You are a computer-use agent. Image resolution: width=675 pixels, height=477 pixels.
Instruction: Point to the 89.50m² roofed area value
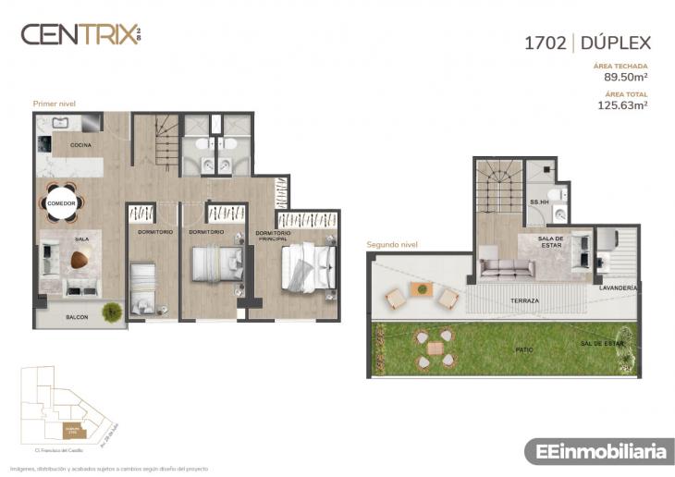[625, 78]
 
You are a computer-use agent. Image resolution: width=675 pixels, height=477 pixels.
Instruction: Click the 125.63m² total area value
[623, 105]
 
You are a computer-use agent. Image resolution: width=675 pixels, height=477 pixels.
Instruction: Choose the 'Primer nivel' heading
[54, 104]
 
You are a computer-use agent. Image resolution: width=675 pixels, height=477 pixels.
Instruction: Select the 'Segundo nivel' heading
[393, 245]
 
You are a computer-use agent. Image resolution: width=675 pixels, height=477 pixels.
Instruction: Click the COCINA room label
[81, 145]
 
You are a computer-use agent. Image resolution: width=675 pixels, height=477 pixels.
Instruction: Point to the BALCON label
[77, 316]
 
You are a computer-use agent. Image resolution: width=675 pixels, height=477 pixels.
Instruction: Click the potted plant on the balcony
[112, 312]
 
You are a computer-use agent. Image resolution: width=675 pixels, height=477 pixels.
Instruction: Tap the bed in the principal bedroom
[306, 268]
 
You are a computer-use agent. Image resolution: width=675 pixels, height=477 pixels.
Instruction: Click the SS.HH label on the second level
[540, 202]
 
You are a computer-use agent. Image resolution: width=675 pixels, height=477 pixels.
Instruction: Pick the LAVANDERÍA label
[618, 288]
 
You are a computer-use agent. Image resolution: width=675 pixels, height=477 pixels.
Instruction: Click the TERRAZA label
[524, 301]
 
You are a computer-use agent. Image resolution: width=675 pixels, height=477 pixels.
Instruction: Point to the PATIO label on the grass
[523, 349]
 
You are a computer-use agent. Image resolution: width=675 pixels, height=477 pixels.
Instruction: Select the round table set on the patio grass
[434, 349]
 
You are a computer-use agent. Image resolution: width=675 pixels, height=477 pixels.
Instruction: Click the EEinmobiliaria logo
[596, 452]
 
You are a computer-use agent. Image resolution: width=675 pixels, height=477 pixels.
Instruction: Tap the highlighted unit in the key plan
[71, 430]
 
